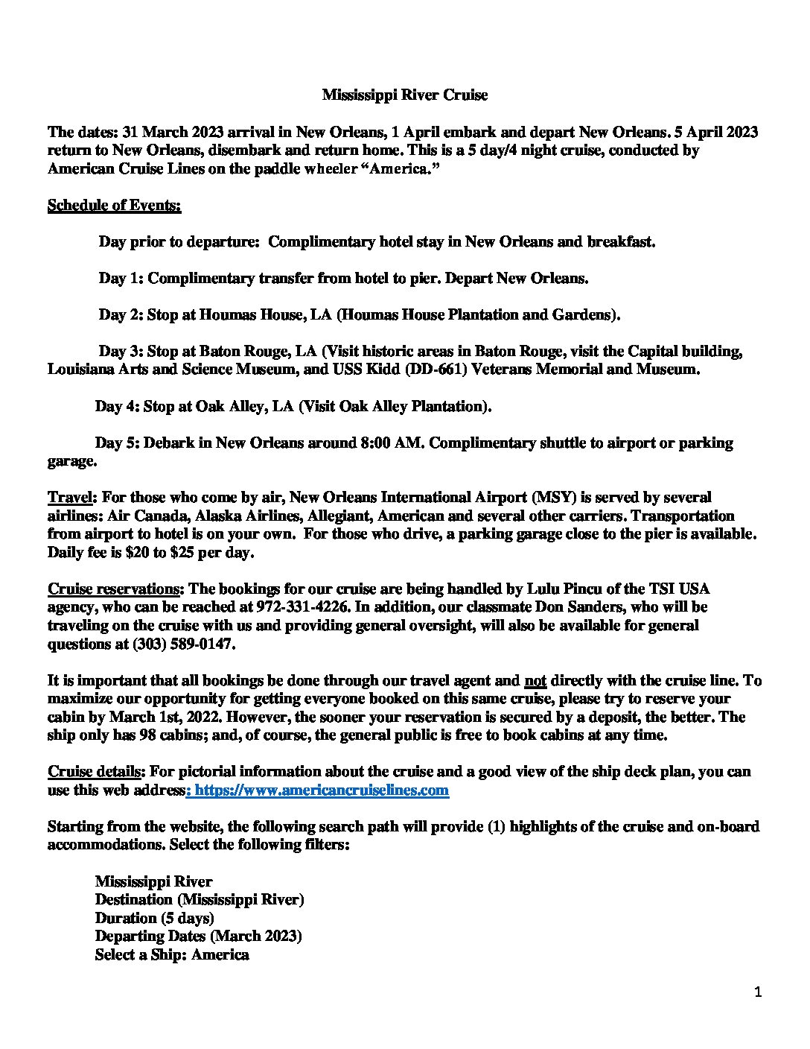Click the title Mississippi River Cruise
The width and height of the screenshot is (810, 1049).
(x=404, y=95)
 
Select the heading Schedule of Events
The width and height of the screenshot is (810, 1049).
(x=114, y=205)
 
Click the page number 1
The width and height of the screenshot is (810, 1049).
(x=758, y=992)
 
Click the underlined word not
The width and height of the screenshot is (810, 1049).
(x=535, y=680)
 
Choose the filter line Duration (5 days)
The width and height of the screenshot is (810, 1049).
(x=154, y=918)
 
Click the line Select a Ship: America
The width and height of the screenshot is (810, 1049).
(x=171, y=954)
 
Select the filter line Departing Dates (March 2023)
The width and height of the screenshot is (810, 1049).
(x=198, y=936)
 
